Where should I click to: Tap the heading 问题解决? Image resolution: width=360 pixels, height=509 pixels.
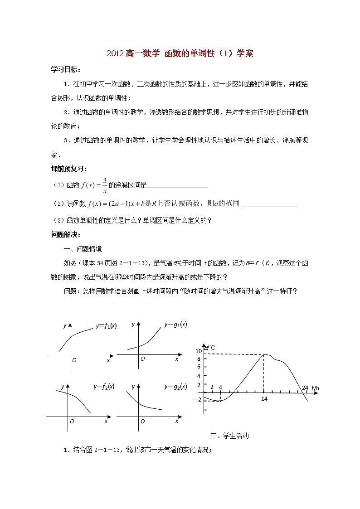[x=66, y=234]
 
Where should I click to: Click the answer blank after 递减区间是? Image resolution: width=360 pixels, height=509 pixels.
[x=177, y=185]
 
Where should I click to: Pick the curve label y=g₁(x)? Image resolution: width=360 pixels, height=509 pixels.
[x=176, y=325]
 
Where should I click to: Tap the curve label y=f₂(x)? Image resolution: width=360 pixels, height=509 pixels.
[x=104, y=387]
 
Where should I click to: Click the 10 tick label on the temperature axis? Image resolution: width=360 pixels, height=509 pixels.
[x=198, y=351]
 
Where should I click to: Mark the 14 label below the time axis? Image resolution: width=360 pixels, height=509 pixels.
[x=264, y=399]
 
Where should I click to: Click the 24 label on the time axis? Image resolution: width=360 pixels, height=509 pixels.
[x=305, y=388]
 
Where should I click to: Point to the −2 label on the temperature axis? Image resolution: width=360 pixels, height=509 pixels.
[x=196, y=399]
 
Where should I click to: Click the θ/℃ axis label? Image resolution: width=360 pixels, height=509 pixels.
[x=209, y=348]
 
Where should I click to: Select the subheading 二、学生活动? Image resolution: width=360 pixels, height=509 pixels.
[x=230, y=436]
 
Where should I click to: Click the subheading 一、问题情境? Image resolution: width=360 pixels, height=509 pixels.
[x=83, y=249]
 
